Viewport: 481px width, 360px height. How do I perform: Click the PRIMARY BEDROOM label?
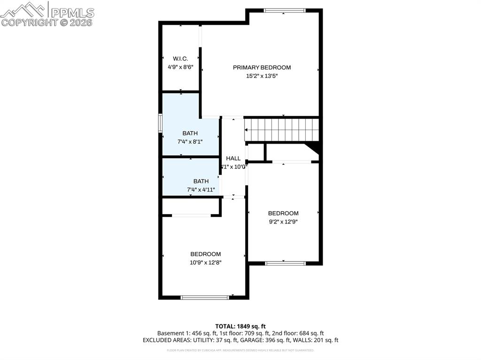(x=262, y=68)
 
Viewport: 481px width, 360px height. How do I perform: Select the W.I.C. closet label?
(x=180, y=59)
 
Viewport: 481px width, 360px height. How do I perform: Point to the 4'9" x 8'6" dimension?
(x=180, y=67)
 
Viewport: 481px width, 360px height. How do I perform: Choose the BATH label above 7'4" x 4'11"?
(x=201, y=181)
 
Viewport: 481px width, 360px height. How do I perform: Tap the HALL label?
(x=233, y=159)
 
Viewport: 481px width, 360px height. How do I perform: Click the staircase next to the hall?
(x=281, y=130)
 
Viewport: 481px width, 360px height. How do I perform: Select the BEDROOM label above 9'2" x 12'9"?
(x=283, y=213)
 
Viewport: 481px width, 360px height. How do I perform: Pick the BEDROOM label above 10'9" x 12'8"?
(x=205, y=254)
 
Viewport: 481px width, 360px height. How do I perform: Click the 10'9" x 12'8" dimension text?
(x=205, y=263)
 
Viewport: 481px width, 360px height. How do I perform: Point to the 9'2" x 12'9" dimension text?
(x=283, y=222)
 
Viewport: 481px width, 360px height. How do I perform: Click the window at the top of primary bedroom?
(x=285, y=10)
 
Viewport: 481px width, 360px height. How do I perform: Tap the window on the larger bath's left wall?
(x=160, y=123)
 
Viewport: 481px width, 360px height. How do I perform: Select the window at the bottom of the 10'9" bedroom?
(x=205, y=297)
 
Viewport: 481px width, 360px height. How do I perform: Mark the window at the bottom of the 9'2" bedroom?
(x=286, y=263)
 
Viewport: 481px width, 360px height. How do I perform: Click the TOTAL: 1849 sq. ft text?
(x=240, y=326)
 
